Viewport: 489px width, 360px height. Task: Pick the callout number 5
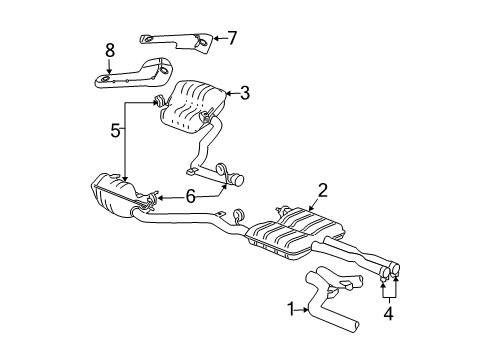(x=117, y=130)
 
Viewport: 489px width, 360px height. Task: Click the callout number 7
(x=231, y=39)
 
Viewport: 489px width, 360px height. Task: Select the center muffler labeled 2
(x=290, y=240)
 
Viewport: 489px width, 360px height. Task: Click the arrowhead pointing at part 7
(x=215, y=39)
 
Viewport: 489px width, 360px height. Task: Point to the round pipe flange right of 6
(x=239, y=180)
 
